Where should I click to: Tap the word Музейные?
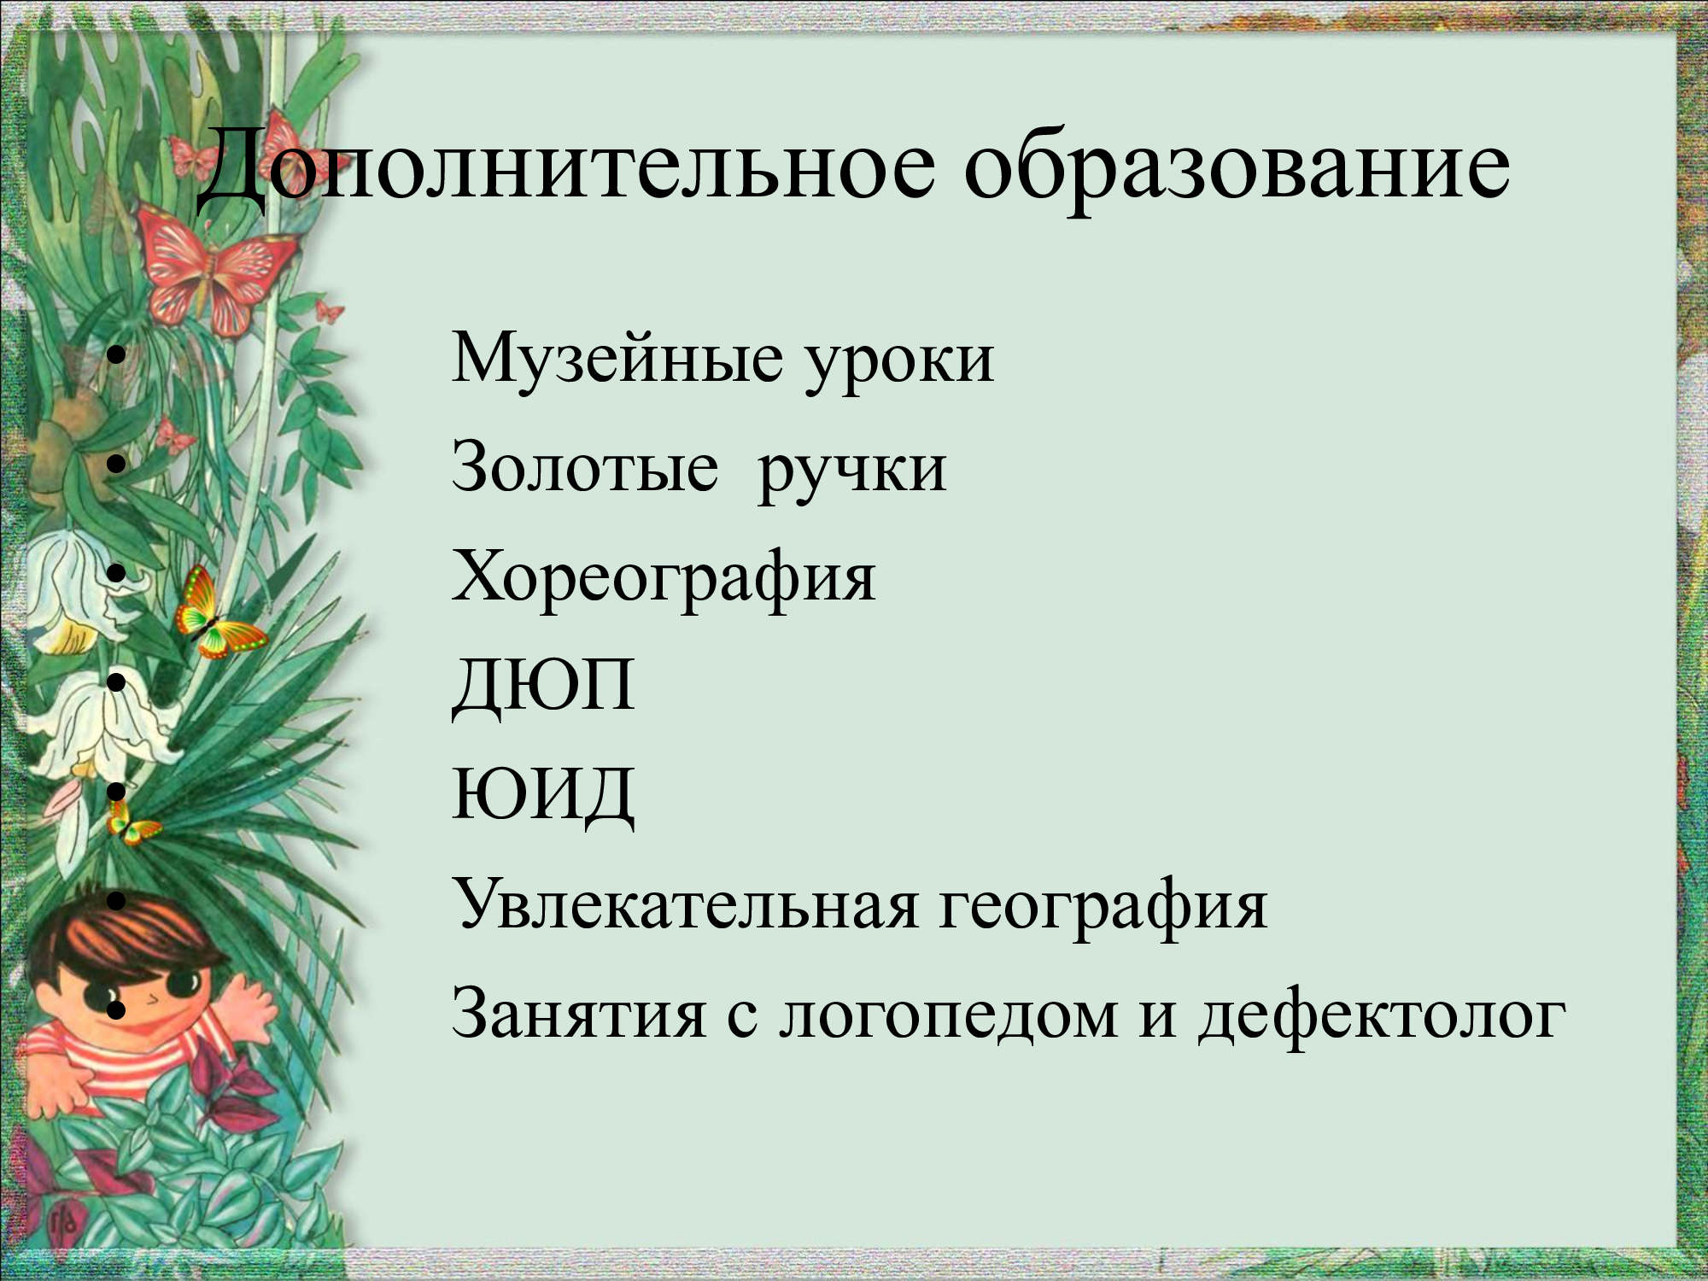[x=617, y=358]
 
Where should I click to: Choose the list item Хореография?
[x=664, y=579]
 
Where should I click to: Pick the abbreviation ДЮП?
[x=543, y=686]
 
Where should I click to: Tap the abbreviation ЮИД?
[x=543, y=795]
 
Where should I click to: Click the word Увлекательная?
[x=686, y=904]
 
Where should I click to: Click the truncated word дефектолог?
[x=1382, y=1016]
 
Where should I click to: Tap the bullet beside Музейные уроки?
[x=118, y=355]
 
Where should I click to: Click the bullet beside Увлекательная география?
[x=118, y=900]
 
